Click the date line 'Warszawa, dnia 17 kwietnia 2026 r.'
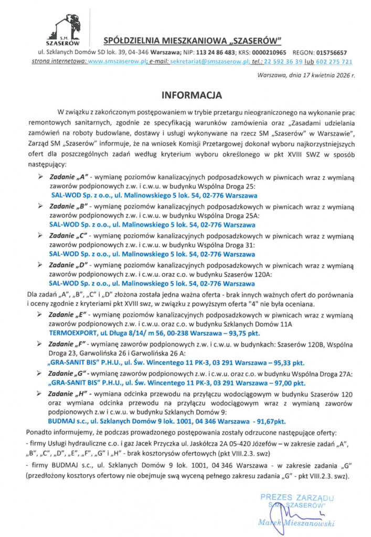coord(307,76)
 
